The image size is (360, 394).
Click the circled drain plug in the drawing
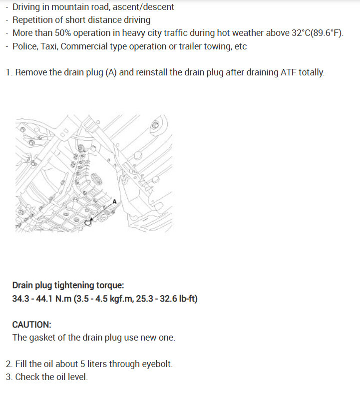(x=88, y=222)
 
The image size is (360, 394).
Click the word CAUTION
(x=31, y=324)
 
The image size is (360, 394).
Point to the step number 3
(x=8, y=377)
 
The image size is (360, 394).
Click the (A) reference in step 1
(x=111, y=72)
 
